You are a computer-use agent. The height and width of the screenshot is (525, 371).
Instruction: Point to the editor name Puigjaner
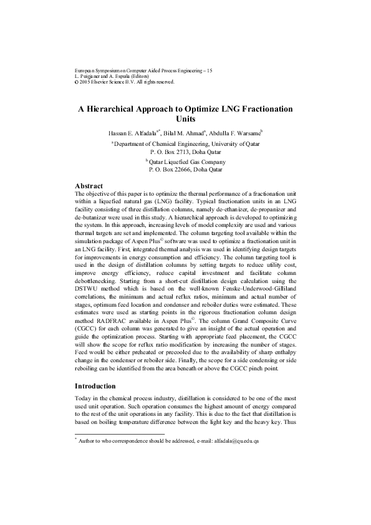coord(91,77)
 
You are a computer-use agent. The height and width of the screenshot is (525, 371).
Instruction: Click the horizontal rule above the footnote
coord(119,433)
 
